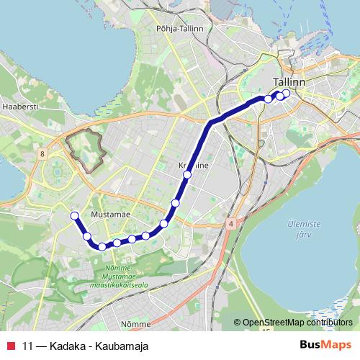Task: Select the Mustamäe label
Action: click(110, 215)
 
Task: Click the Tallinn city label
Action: click(289, 83)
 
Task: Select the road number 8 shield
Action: click(43, 154)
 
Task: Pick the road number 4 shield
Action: click(230, 224)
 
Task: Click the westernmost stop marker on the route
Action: click(74, 215)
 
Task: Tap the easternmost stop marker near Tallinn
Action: click(287, 93)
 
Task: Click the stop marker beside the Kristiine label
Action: click(187, 175)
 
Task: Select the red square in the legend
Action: click(11, 346)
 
